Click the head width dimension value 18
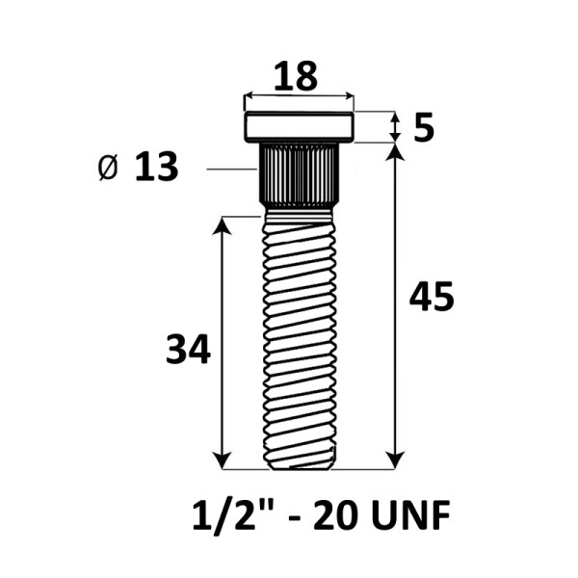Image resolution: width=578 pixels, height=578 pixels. tap(296, 76)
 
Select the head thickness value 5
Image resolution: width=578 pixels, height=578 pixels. tap(424, 127)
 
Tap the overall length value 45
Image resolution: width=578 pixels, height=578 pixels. tap(432, 297)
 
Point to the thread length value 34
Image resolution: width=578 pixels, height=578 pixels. tap(189, 349)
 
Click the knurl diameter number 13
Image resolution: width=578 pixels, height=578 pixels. tap(157, 167)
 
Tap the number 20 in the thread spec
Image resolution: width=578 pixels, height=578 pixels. tap(335, 515)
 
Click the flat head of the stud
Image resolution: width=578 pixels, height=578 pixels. tap(299, 127)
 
